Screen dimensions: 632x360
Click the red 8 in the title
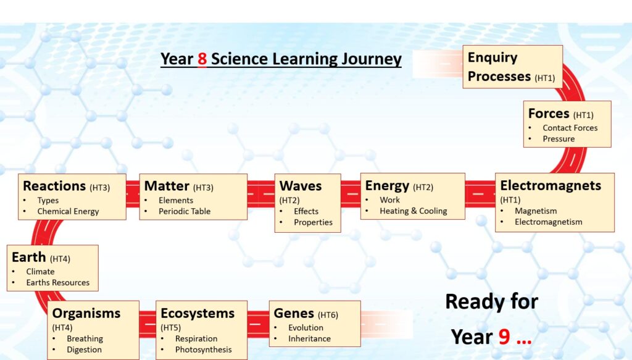202,59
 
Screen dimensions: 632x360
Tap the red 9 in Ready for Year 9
504,336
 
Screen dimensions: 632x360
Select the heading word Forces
549,113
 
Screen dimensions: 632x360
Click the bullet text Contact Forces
570,128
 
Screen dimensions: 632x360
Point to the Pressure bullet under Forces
559,139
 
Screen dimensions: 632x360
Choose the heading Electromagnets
551,185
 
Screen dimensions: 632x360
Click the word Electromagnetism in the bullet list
548,222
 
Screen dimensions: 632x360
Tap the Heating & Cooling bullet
413,211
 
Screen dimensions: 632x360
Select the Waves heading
301,186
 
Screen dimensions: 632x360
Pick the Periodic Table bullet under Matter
184,211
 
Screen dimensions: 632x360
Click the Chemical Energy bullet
68,211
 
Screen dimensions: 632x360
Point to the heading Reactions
54,186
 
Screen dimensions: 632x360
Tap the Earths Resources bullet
57,283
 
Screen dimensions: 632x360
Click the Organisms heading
86,313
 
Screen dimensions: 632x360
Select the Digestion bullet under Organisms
84,350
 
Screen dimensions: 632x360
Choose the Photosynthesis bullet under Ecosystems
203,350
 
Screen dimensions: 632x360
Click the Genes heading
294,313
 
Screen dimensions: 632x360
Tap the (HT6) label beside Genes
328,315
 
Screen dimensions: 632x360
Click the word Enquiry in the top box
493,58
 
